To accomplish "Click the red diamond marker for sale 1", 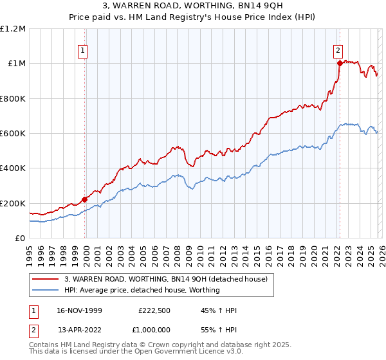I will [x=84, y=199].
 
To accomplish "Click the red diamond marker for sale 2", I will [x=339, y=63].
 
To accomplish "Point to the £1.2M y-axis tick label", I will [x=13, y=29].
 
